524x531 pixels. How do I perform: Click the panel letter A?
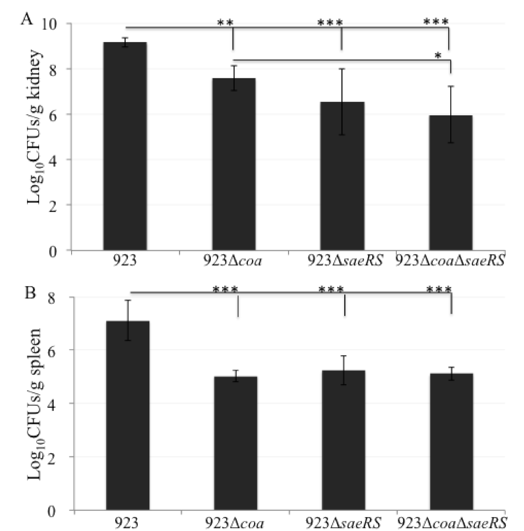pos(27,20)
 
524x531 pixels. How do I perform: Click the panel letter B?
pos(30,293)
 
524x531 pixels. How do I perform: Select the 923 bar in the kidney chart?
pos(125,146)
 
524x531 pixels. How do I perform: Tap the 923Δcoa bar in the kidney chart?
pos(234,164)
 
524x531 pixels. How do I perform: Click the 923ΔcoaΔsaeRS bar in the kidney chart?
pos(451,183)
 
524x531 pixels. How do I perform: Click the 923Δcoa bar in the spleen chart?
pos(236,443)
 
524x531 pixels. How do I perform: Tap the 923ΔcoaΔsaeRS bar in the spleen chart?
pos(452,442)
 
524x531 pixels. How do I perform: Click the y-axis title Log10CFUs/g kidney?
pos(35,127)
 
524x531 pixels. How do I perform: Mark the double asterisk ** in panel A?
pos(225,22)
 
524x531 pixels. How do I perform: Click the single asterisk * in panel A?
pos(438,56)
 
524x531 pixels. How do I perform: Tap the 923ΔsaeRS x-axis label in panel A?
pos(345,261)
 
